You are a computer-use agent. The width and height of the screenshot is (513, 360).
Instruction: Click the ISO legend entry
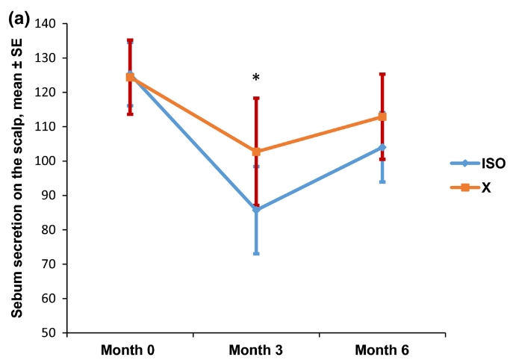(474, 163)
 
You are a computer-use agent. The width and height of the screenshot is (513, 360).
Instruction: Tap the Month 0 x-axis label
(130, 350)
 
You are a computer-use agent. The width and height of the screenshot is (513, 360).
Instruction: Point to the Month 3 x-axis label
(256, 350)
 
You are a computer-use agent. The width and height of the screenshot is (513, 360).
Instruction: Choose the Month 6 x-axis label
(382, 350)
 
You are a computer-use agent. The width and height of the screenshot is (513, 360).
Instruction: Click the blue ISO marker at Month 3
(256, 210)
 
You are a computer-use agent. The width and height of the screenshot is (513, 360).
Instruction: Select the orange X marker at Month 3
(256, 152)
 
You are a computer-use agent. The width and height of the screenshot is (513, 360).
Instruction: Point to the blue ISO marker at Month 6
(382, 147)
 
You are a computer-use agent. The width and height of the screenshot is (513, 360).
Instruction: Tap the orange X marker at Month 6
(382, 117)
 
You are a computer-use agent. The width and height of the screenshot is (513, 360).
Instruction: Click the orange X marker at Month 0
(130, 77)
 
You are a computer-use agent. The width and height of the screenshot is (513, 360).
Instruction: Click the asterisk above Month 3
(256, 78)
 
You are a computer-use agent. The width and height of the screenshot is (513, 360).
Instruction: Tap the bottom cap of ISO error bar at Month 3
(256, 254)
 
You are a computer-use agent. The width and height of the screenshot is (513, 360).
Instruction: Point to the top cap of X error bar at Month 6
(382, 74)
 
